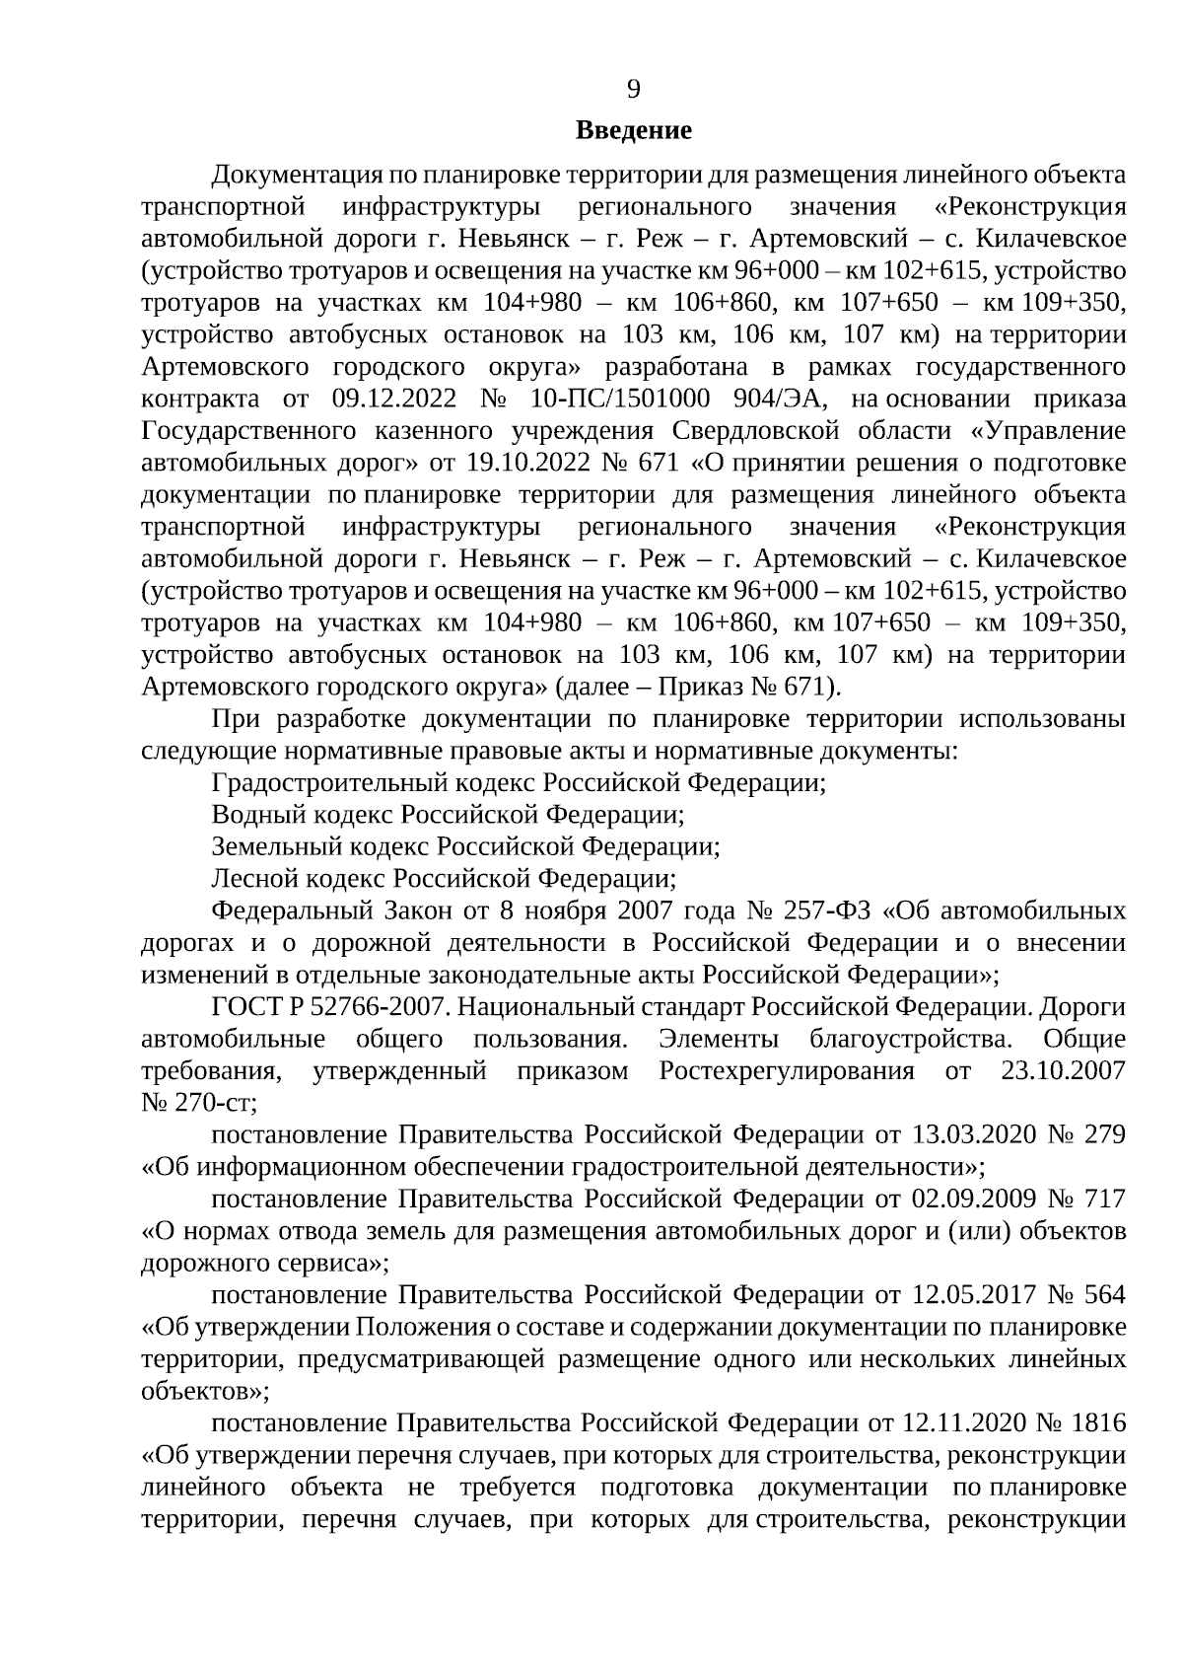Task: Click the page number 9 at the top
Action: click(633, 90)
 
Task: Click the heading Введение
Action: click(633, 130)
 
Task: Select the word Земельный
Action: click(271, 846)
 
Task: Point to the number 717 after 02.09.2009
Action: click(1104, 1199)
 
